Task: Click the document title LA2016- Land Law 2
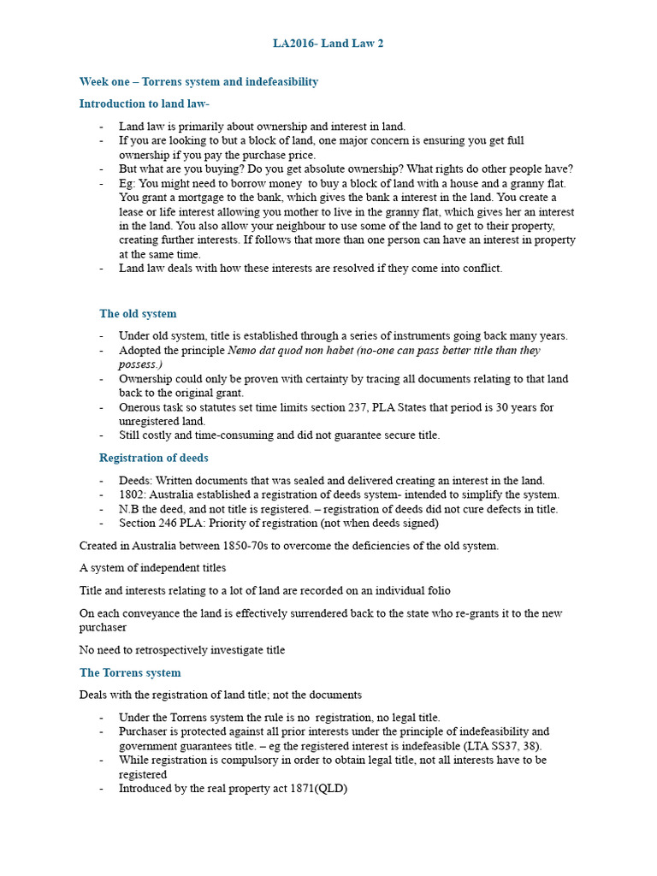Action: point(328,44)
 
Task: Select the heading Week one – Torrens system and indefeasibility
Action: point(198,82)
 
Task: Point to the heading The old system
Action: point(138,314)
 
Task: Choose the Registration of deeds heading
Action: point(153,458)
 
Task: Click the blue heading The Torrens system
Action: point(130,673)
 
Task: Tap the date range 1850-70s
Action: point(249,546)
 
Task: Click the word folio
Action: point(433,591)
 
